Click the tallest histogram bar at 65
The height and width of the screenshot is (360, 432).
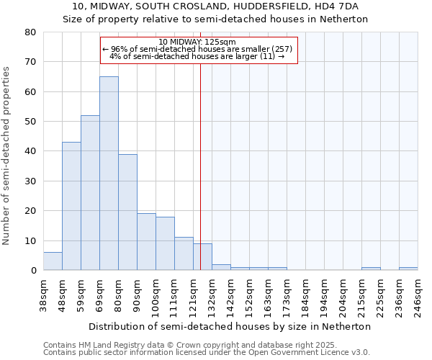(109, 173)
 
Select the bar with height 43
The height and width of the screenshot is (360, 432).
(71, 206)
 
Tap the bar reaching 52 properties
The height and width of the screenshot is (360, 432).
(90, 193)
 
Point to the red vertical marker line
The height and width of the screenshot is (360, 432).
(200, 166)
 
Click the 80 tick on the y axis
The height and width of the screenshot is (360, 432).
(31, 32)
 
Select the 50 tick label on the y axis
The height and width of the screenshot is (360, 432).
(31, 122)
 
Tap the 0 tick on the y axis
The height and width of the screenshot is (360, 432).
(34, 271)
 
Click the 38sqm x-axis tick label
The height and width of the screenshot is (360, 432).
(44, 292)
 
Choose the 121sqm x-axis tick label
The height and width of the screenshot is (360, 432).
(194, 292)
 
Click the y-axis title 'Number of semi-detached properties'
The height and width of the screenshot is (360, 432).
(7, 156)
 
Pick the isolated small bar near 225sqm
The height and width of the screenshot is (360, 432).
(371, 269)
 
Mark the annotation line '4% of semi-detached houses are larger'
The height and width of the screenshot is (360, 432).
(197, 56)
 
